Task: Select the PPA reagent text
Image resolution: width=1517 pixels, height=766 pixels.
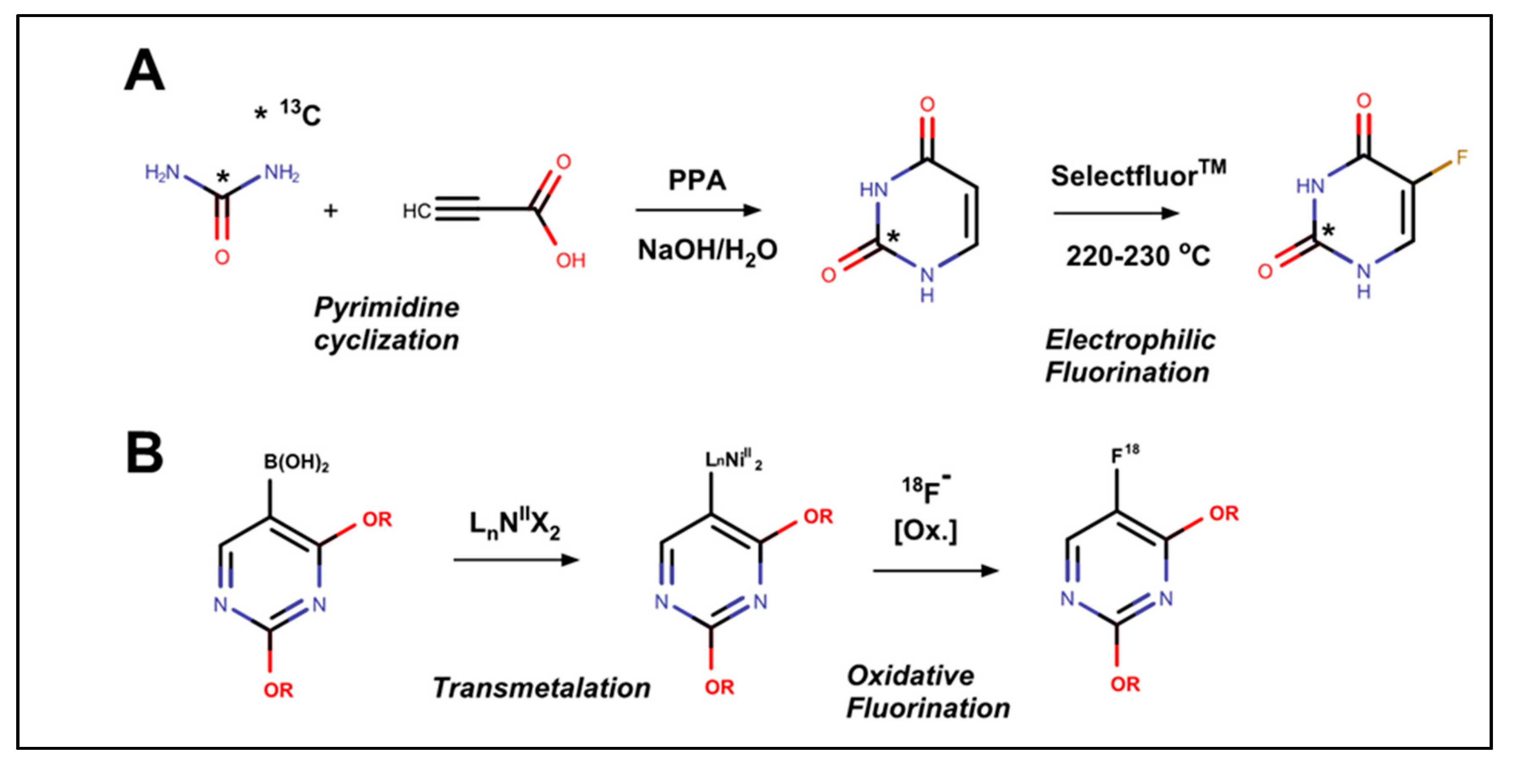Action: pyautogui.click(x=697, y=180)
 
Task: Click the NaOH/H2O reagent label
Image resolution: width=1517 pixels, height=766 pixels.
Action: pyautogui.click(x=707, y=251)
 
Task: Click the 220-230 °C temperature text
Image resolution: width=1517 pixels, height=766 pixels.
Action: pyautogui.click(x=1138, y=256)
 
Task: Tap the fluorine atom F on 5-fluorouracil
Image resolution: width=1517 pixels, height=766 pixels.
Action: pyautogui.click(x=1462, y=158)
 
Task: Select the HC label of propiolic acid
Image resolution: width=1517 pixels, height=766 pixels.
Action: pyautogui.click(x=416, y=211)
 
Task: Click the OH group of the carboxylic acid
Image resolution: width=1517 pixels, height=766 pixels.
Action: pyautogui.click(x=570, y=260)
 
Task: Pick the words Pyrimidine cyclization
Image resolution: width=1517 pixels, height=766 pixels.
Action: pyautogui.click(x=386, y=324)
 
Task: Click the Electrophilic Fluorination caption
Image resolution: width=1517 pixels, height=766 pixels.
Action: pyautogui.click(x=1129, y=356)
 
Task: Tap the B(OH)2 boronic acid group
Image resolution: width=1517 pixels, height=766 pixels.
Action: pyautogui.click(x=296, y=462)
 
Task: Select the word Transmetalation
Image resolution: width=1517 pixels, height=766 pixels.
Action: pyautogui.click(x=541, y=687)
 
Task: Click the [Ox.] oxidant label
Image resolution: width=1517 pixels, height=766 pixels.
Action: pyautogui.click(x=925, y=531)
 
